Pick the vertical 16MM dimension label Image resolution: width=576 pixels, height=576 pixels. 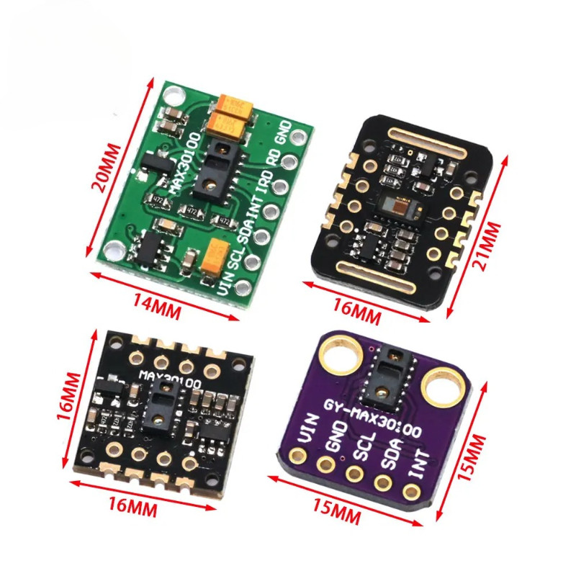pos(69,396)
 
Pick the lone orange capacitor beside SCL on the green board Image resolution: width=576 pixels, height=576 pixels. pos(215,256)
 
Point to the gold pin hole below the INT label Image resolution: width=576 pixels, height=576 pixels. pos(411,493)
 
